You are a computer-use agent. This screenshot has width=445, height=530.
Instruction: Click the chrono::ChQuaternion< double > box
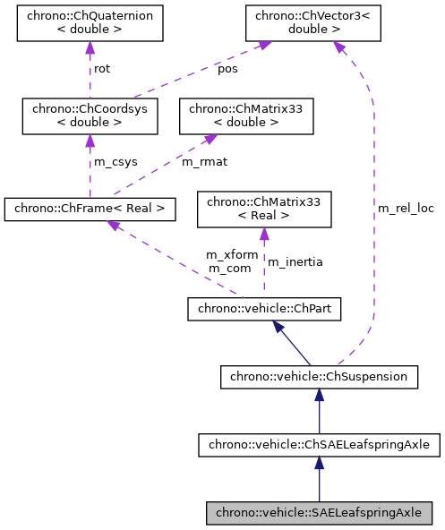(x=90, y=24)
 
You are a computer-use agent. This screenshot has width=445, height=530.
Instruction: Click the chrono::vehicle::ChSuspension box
(x=319, y=377)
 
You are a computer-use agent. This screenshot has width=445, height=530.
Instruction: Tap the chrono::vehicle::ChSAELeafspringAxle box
(x=319, y=444)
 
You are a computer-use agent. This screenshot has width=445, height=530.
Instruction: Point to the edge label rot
(x=102, y=69)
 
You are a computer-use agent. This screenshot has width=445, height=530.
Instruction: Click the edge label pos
(x=227, y=69)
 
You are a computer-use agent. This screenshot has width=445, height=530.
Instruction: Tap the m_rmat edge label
(x=201, y=161)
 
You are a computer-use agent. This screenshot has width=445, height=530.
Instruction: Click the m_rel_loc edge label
(x=406, y=208)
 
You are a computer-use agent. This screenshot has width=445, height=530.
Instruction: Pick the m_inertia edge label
(x=295, y=262)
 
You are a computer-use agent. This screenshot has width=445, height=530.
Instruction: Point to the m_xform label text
(x=232, y=254)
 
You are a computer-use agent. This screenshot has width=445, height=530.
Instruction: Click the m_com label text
(x=229, y=268)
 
